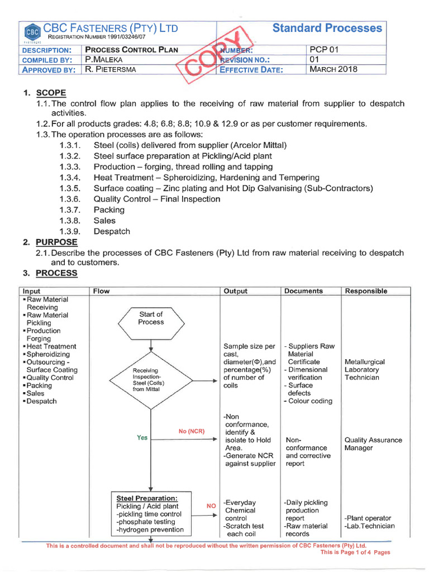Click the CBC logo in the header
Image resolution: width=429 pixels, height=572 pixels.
32,31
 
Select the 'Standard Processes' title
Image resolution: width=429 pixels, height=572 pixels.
327,28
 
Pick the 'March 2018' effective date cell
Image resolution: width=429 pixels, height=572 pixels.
333,70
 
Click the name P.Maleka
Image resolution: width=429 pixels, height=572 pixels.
104,60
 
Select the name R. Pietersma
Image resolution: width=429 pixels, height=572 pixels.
111,70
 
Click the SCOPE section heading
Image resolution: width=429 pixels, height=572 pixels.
51,93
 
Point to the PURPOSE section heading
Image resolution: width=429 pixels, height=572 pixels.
56,242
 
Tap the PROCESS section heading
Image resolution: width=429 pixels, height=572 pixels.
56,273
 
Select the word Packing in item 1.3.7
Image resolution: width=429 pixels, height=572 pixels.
109,210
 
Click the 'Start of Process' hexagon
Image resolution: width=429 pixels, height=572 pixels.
151,322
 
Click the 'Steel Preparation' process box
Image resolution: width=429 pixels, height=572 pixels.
150,513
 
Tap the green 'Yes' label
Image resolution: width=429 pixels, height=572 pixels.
142,437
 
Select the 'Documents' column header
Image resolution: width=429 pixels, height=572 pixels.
303,291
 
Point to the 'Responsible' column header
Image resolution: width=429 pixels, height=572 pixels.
366,291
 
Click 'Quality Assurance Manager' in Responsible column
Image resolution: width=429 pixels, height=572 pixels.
373,444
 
